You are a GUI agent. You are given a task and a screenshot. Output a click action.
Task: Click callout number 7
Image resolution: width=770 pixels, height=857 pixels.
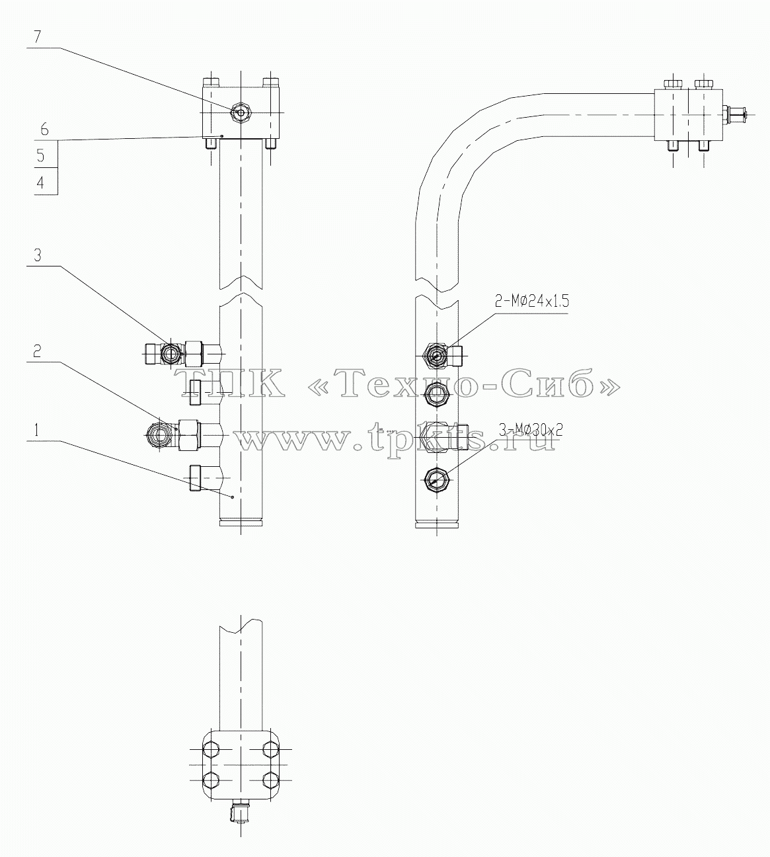click(x=38, y=38)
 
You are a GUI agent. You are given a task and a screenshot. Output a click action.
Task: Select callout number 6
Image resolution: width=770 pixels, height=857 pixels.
click(x=44, y=130)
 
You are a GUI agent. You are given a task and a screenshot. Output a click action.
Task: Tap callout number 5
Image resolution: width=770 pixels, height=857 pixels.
click(x=40, y=156)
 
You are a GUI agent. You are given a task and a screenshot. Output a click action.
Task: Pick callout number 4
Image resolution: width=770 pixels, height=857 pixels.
click(x=40, y=183)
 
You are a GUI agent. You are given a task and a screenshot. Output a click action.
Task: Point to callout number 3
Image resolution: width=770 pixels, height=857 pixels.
click(x=38, y=255)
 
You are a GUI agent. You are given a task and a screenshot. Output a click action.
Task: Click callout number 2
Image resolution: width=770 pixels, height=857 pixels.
click(x=38, y=352)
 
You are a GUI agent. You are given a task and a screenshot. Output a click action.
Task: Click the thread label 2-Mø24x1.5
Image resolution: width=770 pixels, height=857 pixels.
click(x=531, y=302)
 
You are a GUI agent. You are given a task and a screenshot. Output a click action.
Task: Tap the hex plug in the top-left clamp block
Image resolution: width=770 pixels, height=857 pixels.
click(x=241, y=113)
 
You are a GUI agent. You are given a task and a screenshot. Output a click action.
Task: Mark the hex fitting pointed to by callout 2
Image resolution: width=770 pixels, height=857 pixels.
click(x=162, y=435)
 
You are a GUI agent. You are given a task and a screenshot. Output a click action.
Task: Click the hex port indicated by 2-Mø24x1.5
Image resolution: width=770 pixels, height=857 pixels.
click(x=436, y=356)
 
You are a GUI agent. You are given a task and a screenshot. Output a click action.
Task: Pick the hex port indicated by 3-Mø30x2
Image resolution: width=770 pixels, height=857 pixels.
click(x=436, y=480)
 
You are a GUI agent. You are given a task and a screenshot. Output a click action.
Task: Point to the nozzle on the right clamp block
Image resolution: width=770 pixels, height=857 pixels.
click(x=735, y=115)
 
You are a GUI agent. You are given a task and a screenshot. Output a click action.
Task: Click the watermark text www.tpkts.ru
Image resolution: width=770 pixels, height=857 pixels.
click(x=397, y=436)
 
